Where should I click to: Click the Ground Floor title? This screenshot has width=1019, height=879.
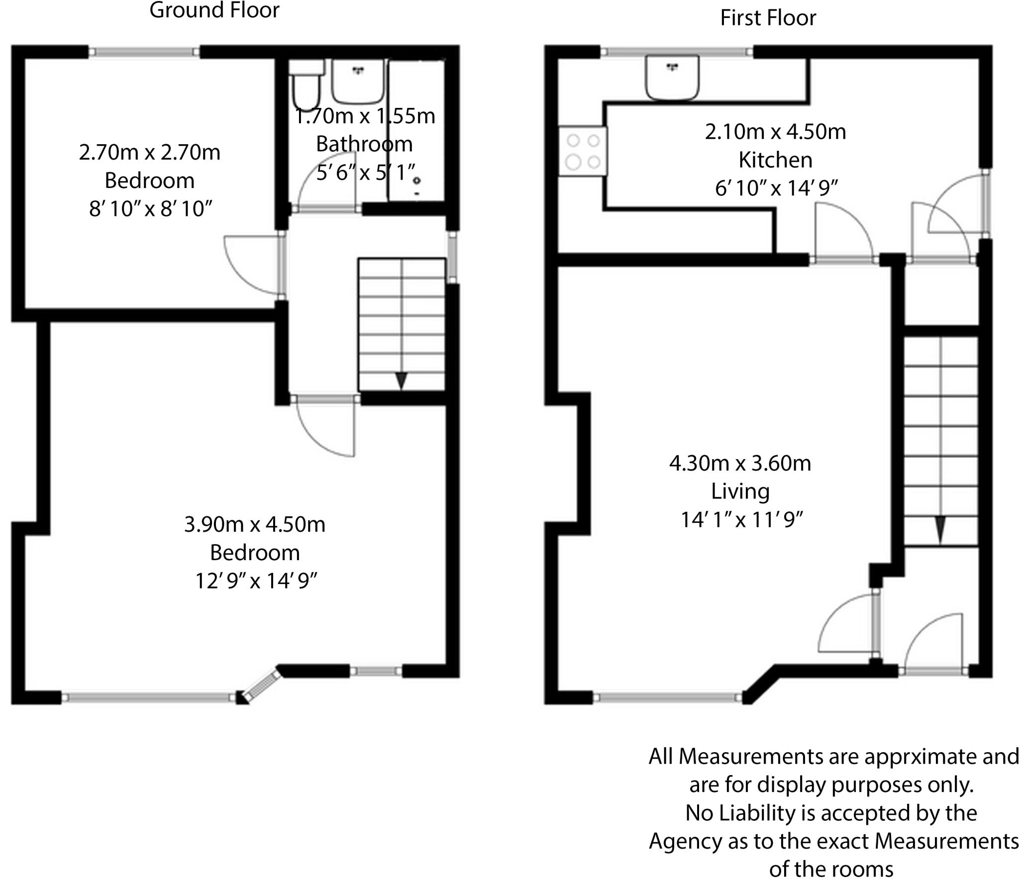pos(214,10)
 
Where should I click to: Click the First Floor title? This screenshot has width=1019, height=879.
pos(768,18)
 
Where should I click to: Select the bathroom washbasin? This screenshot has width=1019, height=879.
pos(358,81)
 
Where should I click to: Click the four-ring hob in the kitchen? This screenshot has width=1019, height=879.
pos(583,151)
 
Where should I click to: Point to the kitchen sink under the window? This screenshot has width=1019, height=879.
pos(672,78)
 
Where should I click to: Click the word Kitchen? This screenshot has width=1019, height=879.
pos(775,160)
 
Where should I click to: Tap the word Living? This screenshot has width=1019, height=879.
pos(740,491)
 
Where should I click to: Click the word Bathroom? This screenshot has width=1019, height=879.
pos(364,144)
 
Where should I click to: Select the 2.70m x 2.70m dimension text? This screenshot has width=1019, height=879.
pos(149,152)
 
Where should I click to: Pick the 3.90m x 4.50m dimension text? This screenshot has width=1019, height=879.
pos(254,524)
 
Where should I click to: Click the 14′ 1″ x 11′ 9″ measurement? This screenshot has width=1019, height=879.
pos(741,520)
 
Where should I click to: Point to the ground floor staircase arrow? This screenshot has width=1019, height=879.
pos(401,381)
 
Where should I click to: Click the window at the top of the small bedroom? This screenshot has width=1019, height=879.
pos(144,52)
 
